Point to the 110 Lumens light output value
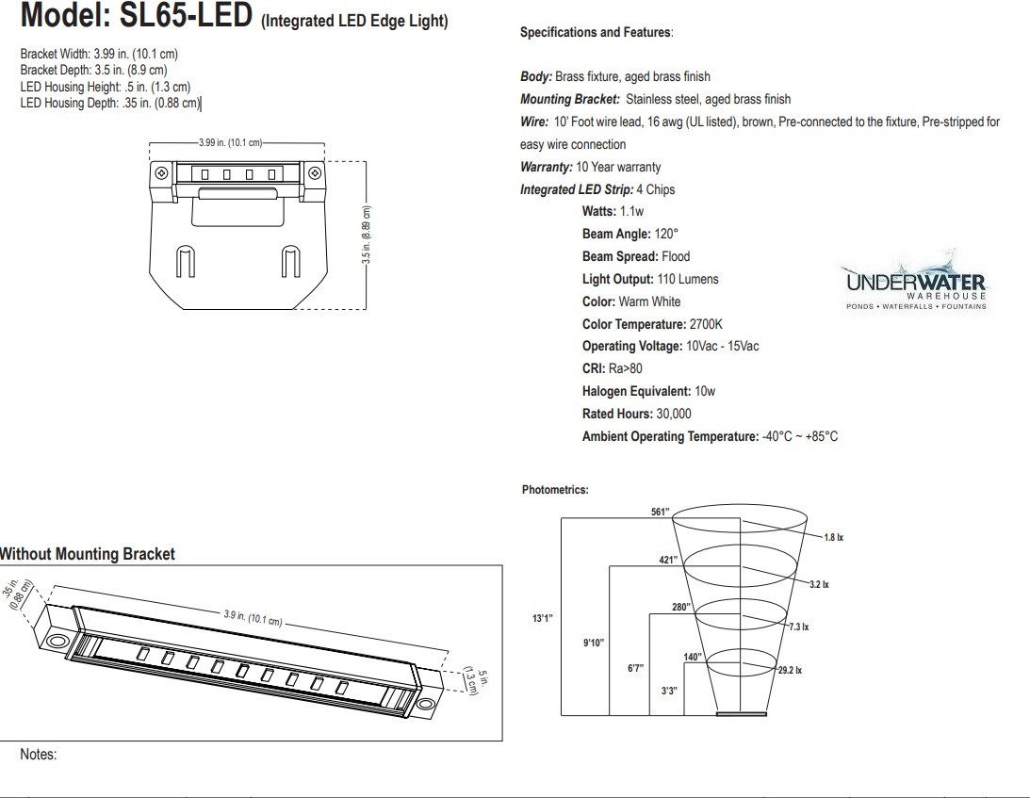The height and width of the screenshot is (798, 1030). point(687,279)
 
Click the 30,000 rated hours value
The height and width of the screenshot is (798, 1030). point(674,414)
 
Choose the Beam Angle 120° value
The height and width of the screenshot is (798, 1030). point(666,234)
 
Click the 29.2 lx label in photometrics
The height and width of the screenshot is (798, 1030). point(789,670)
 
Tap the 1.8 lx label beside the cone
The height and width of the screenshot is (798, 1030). point(832,537)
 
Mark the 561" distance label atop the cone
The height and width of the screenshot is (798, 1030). point(660,512)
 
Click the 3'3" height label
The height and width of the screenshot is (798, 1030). point(669,691)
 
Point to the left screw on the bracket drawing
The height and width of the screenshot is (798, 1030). point(161,173)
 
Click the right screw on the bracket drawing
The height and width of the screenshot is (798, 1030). point(315,173)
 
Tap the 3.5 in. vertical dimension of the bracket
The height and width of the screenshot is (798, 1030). point(368,234)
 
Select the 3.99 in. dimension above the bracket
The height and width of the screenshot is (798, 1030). point(229,142)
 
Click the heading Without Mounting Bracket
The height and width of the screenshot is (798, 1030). point(87,554)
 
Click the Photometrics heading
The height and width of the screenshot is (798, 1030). point(555,490)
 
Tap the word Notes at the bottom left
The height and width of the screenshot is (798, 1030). point(38,755)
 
